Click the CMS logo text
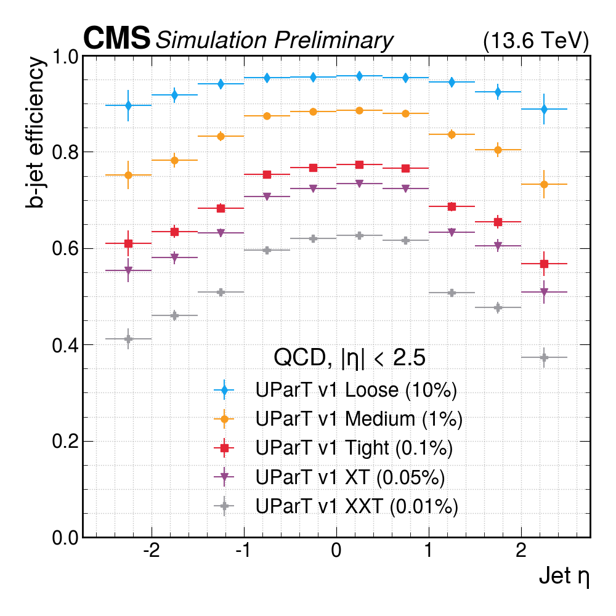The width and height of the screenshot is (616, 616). [116, 39]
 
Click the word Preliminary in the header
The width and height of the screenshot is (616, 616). [333, 41]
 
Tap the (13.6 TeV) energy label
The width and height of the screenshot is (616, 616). [536, 41]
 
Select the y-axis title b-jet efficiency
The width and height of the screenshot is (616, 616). [36, 132]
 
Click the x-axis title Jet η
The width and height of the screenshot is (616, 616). [564, 577]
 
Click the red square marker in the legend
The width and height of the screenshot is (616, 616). [224, 448]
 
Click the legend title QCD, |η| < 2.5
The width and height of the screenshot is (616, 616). [349, 358]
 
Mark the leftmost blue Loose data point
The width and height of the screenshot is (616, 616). [128, 105]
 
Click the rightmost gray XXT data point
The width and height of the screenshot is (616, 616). [544, 357]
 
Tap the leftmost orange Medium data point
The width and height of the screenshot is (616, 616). [128, 175]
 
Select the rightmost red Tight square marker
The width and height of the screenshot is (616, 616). [544, 264]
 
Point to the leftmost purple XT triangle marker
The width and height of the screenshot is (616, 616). [128, 270]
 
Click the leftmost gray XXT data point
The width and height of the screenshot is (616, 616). [128, 339]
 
